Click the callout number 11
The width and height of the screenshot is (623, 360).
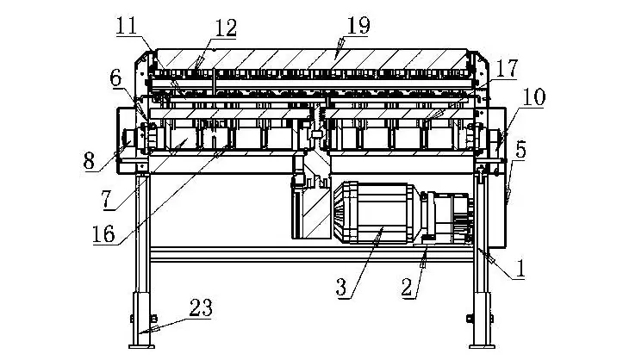(127, 26)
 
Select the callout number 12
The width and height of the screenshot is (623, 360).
(226, 28)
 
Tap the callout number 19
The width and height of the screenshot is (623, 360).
(358, 25)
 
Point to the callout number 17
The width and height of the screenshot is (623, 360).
(508, 69)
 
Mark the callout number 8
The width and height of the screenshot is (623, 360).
(90, 161)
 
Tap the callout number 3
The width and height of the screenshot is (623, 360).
(341, 288)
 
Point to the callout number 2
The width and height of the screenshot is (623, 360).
(407, 288)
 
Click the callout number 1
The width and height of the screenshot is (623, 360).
(520, 269)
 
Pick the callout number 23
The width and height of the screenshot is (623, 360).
(201, 307)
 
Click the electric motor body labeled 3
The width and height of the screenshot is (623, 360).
(383, 212)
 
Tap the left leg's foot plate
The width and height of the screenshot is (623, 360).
(142, 347)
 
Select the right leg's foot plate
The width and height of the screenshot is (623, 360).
(483, 347)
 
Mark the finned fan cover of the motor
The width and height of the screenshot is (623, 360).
(342, 212)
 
